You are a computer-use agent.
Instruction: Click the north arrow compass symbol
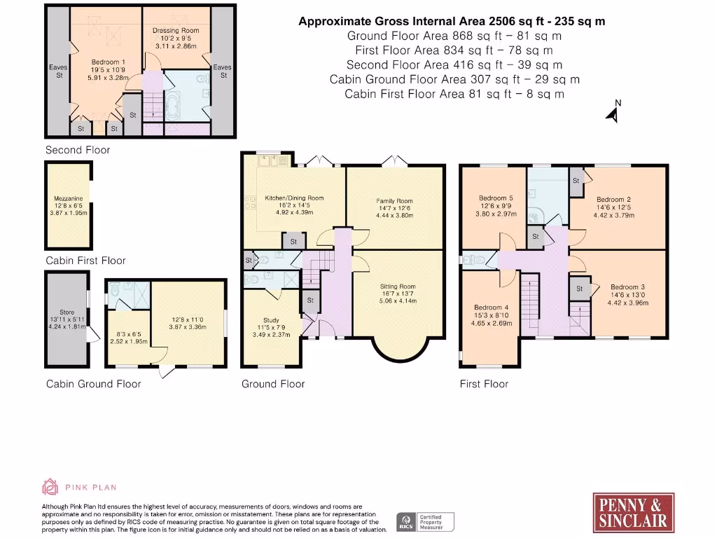pyautogui.click(x=613, y=111)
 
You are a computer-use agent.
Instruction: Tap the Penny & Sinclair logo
pyautogui.click(x=633, y=513)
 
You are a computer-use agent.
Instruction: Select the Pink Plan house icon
pyautogui.click(x=50, y=487)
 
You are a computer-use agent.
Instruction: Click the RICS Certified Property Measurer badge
pyautogui.click(x=425, y=522)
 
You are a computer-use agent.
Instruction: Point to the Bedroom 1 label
pyautogui.click(x=108, y=62)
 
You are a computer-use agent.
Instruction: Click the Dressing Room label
pyautogui.click(x=176, y=30)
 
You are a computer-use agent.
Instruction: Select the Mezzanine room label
pyautogui.click(x=69, y=198)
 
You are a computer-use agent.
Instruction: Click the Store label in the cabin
pyautogui.click(x=67, y=312)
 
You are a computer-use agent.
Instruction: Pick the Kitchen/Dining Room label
pyautogui.click(x=294, y=198)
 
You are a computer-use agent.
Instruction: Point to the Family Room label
pyautogui.click(x=394, y=201)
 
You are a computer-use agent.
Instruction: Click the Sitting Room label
pyautogui.click(x=398, y=287)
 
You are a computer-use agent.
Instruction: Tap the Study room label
pyautogui.click(x=271, y=320)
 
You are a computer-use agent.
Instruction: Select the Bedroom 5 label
pyautogui.click(x=496, y=198)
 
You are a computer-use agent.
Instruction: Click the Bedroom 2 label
pyautogui.click(x=613, y=200)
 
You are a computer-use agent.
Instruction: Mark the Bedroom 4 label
pyautogui.click(x=491, y=308)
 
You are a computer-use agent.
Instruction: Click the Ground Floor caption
pyautogui.click(x=273, y=384)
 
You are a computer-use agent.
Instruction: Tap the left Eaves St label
pyautogui.click(x=58, y=71)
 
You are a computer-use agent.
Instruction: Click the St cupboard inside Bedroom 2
pyautogui.click(x=576, y=181)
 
